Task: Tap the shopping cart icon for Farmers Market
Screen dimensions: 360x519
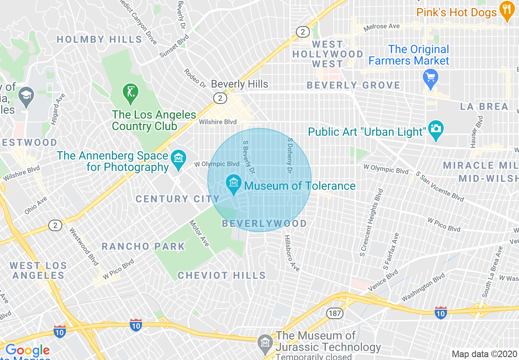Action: pyautogui.click(x=431, y=77)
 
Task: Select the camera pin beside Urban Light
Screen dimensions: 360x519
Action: pyautogui.click(x=436, y=128)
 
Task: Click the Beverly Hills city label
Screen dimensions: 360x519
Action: pyautogui.click(x=239, y=84)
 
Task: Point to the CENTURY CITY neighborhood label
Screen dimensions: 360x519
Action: pyautogui.click(x=178, y=199)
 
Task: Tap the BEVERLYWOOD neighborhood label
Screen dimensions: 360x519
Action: pyautogui.click(x=264, y=223)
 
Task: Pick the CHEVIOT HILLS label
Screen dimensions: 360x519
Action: pyautogui.click(x=221, y=275)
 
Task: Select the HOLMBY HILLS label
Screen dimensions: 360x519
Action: pyautogui.click(x=99, y=40)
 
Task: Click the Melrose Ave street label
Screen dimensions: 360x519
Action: pyautogui.click(x=381, y=27)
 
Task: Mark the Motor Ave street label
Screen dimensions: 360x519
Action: pyautogui.click(x=199, y=234)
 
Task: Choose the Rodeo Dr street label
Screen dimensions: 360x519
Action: pyautogui.click(x=195, y=78)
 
